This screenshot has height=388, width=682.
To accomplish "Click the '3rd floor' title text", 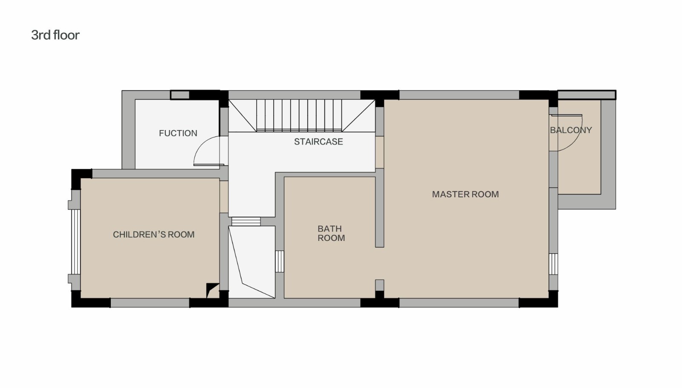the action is tap(55, 35).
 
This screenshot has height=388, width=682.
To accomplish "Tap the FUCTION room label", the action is tap(178, 133).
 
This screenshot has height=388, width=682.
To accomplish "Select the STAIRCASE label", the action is tap(318, 142).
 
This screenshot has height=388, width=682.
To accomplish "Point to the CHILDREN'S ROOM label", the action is tap(154, 235).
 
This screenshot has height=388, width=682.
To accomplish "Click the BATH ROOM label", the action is tap(331, 233).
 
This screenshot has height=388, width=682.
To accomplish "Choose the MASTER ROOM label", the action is tap(465, 194).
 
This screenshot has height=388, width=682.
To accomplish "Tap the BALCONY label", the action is tap(571, 130).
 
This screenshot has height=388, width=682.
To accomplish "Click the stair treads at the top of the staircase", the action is tap(299, 116).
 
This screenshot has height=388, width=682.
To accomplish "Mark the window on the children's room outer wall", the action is tap(76, 242).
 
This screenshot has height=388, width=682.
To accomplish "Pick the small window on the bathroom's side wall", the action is tap(280, 261).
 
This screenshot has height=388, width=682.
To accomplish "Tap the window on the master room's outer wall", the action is tap(553, 264).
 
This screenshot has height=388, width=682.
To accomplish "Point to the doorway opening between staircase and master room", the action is tap(379, 152).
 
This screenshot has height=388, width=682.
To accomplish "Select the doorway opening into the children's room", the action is tap(224, 197).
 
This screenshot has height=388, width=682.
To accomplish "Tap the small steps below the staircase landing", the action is tap(246, 221).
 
